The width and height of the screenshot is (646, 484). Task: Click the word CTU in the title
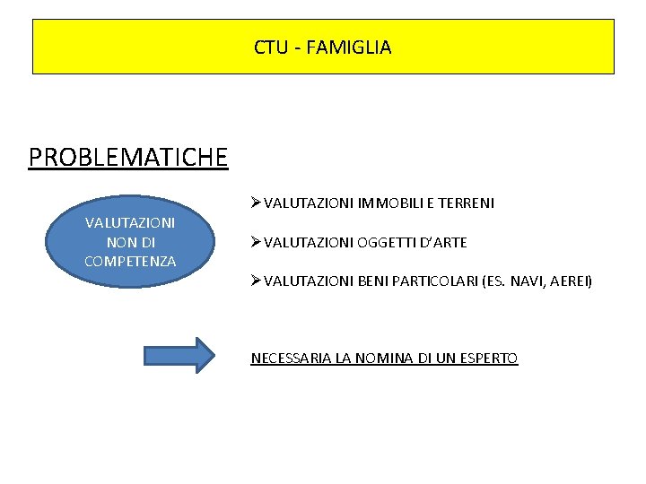(x=268, y=48)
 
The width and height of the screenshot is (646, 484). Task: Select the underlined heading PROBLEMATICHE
(x=128, y=158)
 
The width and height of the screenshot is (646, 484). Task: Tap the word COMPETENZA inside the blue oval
(x=130, y=261)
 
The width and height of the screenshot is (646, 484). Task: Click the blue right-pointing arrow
(x=180, y=355)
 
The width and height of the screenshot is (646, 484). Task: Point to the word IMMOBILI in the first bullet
(x=387, y=203)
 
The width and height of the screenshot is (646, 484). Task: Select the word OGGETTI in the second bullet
(x=388, y=243)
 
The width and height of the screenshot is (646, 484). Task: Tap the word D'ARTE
(x=443, y=243)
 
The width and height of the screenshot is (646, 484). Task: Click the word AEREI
(x=570, y=281)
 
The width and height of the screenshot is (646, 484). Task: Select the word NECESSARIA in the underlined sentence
(x=291, y=359)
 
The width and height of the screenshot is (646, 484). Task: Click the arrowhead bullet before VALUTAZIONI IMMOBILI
(x=257, y=203)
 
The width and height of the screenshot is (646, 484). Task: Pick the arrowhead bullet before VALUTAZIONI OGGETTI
(x=257, y=243)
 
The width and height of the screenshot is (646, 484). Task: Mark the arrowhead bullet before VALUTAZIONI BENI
(x=257, y=281)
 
